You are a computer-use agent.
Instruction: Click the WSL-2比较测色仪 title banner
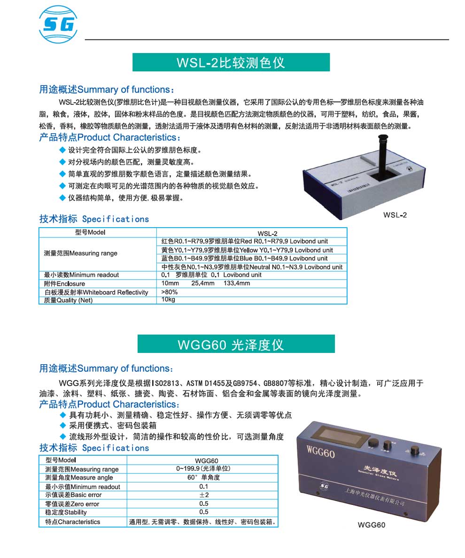[x=231, y=62]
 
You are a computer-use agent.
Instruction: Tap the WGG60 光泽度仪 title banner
[x=236, y=344]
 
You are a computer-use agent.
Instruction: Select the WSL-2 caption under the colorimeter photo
[x=395, y=215]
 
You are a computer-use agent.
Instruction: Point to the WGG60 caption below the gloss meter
[x=371, y=525]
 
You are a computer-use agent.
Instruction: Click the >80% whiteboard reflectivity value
[x=170, y=292]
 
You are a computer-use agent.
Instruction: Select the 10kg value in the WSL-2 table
[x=168, y=300]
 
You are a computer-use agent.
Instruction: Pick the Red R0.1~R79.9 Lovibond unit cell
[x=245, y=241]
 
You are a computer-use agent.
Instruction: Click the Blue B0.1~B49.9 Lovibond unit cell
[x=244, y=258]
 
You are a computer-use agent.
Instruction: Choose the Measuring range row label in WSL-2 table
[x=80, y=253]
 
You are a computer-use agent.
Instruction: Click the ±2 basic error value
[x=204, y=495]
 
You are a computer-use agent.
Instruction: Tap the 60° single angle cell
[x=203, y=478]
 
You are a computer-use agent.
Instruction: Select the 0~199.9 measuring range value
[x=203, y=469]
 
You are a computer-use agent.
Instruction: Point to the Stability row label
[x=66, y=512]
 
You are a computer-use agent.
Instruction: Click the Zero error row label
[x=72, y=504]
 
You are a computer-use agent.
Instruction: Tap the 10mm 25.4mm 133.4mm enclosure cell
[x=206, y=283]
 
